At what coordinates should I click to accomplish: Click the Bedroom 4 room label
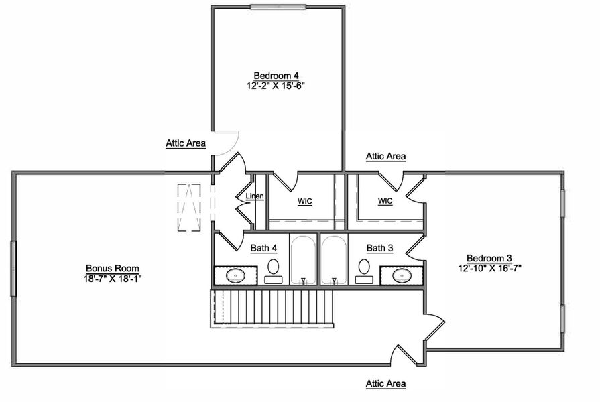[x=276, y=75]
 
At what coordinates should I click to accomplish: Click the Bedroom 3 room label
[x=489, y=258]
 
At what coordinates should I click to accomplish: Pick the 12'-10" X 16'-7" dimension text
[x=489, y=268]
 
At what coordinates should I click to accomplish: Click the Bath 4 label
[x=263, y=248]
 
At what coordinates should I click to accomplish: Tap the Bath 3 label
[x=379, y=248]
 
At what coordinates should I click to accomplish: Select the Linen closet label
[x=255, y=196]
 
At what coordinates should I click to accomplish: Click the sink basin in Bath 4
[x=236, y=275]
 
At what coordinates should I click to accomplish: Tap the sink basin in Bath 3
[x=402, y=275]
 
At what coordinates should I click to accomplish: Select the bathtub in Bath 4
[x=303, y=260]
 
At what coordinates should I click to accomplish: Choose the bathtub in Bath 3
[x=333, y=260]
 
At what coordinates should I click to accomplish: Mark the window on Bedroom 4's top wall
[x=278, y=7]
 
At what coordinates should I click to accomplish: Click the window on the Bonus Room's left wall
[x=13, y=268]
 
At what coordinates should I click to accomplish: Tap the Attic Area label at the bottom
[x=385, y=384]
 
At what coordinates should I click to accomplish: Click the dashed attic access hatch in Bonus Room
[x=189, y=208]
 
